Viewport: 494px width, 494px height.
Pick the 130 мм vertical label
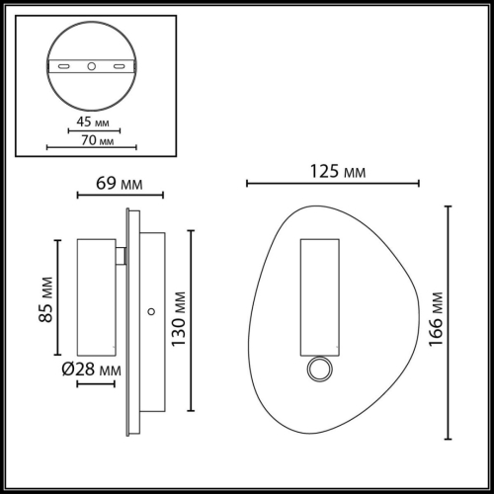pyautogui.click(x=178, y=320)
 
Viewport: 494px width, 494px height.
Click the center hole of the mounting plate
pyautogui.click(x=90, y=66)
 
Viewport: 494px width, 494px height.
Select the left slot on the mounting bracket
pyautogui.click(x=64, y=66)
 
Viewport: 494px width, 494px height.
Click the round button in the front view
pyautogui.click(x=319, y=370)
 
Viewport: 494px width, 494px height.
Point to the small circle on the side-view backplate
pyautogui.click(x=150, y=311)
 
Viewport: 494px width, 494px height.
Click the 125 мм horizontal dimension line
pyautogui.click(x=333, y=183)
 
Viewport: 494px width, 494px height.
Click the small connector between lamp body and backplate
pyautogui.click(x=121, y=256)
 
